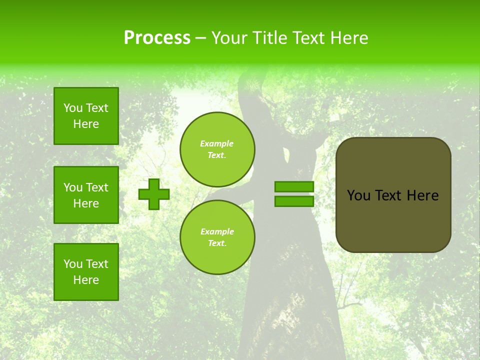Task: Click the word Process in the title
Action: pos(157,38)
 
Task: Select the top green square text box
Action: pos(86,116)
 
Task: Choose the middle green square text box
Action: pos(86,195)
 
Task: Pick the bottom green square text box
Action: pos(86,272)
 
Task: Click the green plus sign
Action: pos(154,194)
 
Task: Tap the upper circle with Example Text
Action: pos(217,149)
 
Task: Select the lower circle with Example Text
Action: pos(217,237)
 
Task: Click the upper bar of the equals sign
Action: pos(294,186)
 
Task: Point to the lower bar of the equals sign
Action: pos(294,201)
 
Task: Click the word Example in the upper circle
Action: pos(217,143)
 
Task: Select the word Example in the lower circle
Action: pos(217,231)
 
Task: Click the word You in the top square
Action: pos(73,108)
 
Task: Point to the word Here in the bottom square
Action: pos(86,280)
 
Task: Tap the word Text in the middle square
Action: pos(96,187)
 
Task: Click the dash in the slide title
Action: pos(201,38)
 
